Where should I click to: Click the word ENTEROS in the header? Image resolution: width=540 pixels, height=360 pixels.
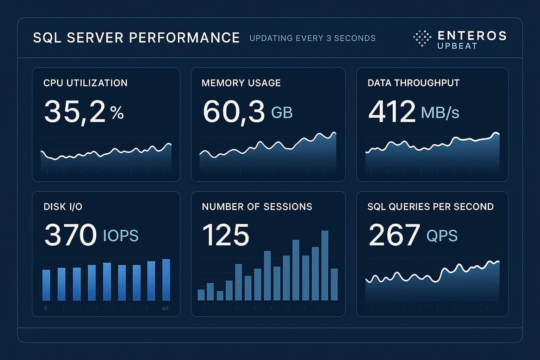click(472, 36)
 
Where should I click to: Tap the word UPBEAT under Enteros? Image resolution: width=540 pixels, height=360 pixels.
click(457, 46)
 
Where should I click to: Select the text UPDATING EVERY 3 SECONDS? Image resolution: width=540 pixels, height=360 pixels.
click(312, 38)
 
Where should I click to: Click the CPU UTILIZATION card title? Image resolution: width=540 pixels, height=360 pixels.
click(85, 83)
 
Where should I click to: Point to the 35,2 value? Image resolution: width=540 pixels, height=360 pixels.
click(75, 112)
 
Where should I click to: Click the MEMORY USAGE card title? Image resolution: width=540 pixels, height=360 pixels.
click(241, 83)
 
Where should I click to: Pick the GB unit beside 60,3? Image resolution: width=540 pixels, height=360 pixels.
click(282, 112)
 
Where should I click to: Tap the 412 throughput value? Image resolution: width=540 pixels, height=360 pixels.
click(392, 112)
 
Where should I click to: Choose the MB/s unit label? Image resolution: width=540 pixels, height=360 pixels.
click(440, 112)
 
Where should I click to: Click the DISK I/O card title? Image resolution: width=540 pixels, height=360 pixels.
click(63, 207)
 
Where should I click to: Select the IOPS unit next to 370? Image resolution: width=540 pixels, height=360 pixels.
click(121, 236)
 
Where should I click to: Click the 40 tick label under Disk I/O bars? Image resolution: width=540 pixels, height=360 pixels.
click(165, 308)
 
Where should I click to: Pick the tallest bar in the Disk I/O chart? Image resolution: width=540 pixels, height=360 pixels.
click(166, 280)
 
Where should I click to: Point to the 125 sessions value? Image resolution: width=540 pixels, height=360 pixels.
click(226, 235)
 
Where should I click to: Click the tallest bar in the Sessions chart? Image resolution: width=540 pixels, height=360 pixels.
click(325, 265)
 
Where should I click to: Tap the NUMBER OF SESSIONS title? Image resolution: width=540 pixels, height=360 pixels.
click(257, 207)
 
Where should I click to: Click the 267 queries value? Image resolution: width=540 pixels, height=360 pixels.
click(394, 235)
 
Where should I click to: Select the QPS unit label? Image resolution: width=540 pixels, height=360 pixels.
click(442, 236)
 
